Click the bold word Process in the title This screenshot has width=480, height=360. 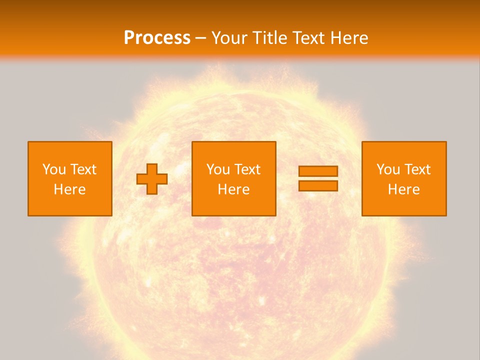(157, 37)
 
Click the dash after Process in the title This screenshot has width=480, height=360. (201, 38)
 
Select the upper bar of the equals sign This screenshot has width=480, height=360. (318, 171)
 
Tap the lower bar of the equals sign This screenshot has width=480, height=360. (318, 185)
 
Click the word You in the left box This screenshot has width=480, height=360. (54, 169)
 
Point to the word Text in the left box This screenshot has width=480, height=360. (82, 169)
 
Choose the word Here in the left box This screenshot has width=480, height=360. (69, 189)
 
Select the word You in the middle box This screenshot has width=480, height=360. (218, 169)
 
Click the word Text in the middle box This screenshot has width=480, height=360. (246, 169)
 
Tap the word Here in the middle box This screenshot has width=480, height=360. (233, 189)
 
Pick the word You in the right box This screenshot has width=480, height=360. (388, 169)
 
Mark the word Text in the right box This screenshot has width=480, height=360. (416, 169)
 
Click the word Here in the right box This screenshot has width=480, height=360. (403, 189)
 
